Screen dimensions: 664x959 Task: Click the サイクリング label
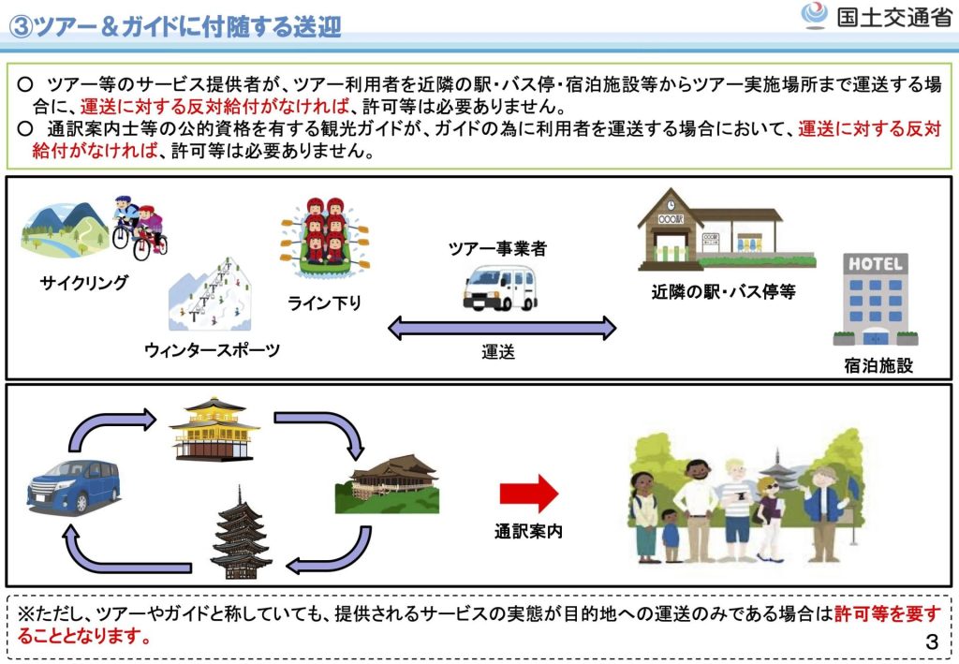coord(84,282)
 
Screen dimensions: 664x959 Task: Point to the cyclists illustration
coord(139,227)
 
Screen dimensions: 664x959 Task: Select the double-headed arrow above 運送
coord(502,328)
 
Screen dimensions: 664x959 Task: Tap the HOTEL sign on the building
coord(876,264)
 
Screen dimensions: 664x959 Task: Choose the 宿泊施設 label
coord(878,365)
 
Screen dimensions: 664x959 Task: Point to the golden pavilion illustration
coord(214,430)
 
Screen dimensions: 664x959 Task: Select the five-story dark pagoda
coord(241,534)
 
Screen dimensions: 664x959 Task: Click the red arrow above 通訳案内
coord(528,494)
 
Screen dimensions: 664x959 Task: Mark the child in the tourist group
coord(670,535)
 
